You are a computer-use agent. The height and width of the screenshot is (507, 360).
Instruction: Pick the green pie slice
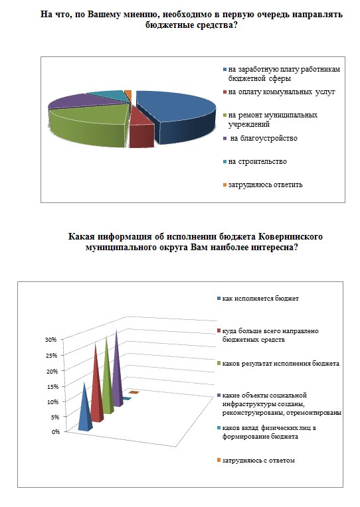point(88,125)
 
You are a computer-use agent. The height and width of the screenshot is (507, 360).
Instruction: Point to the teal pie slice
point(108,96)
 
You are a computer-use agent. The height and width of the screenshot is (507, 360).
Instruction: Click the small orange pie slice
point(128,94)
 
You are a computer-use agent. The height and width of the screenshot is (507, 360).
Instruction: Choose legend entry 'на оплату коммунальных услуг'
point(279,92)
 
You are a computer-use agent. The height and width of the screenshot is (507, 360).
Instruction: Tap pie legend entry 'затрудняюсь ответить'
point(263,185)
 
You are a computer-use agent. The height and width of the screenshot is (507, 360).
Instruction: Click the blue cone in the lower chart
point(85,407)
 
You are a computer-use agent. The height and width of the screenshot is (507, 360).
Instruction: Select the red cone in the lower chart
point(96,385)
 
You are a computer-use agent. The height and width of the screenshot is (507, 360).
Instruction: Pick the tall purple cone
point(118,368)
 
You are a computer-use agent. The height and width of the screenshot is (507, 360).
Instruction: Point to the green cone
point(108,377)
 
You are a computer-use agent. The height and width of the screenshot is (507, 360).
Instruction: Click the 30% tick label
point(51,340)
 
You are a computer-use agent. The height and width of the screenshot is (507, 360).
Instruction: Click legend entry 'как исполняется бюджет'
point(258,299)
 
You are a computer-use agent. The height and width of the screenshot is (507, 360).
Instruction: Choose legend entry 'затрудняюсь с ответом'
point(256,461)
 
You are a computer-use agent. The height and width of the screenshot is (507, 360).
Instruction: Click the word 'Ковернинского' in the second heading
point(290,236)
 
